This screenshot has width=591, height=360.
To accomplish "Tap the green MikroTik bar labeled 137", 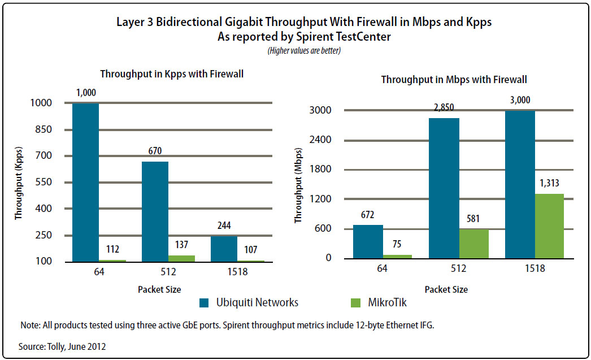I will click(182, 258).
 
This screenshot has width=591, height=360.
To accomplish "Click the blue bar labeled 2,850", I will click(444, 188).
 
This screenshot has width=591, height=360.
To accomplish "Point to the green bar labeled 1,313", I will click(550, 226).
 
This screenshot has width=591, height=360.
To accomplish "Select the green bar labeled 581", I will click(473, 244).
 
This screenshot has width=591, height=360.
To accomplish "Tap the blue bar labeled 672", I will click(368, 241).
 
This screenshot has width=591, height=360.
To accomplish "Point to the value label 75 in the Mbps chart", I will click(397, 245).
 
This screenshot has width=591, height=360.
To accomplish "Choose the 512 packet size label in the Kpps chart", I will click(168, 272).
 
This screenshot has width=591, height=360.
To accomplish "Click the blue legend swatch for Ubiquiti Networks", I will click(205, 303).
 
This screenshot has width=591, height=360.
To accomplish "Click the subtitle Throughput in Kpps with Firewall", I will click(172, 74).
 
